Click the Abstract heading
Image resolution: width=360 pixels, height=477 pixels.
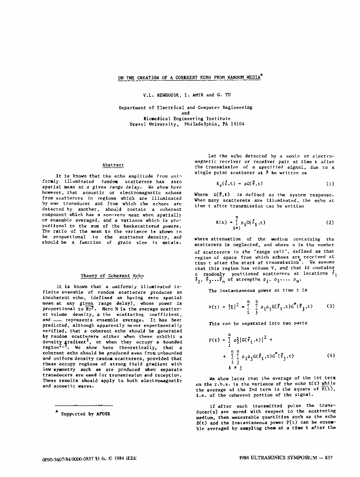[x=113, y=165]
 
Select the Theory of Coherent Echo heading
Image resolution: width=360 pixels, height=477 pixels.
[x=112, y=276]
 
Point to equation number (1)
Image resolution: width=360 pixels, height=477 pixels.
[x=330, y=184]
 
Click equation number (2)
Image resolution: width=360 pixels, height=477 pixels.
[x=330, y=222]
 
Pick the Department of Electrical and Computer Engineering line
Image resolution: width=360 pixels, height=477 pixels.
[x=185, y=108]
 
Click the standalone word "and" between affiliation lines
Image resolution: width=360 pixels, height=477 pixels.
[x=186, y=113]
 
